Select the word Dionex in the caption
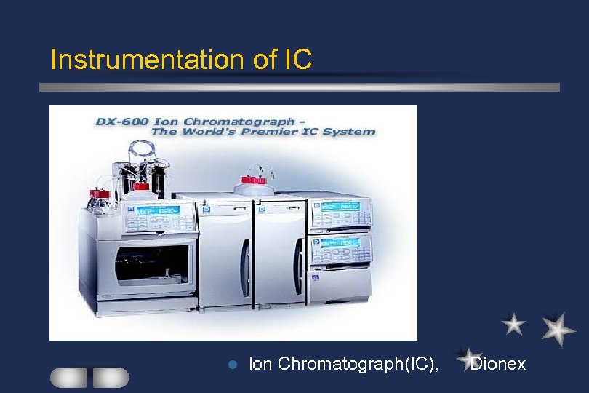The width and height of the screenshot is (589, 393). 498,364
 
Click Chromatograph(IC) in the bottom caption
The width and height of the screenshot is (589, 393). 358,364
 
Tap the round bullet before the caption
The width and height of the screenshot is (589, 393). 232,364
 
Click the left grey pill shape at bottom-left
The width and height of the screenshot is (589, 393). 68,377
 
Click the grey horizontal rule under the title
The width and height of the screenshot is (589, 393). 298,87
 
